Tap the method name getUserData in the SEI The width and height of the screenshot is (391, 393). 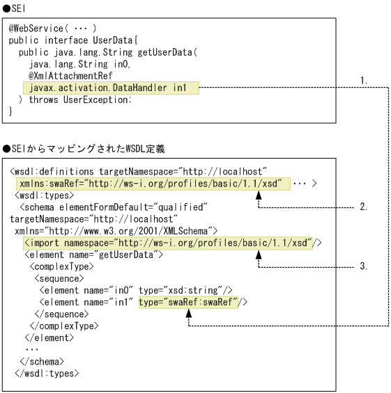tap(168, 52)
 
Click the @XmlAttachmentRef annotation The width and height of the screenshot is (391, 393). tap(70, 76)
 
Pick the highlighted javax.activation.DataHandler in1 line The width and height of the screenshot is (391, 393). tap(110, 88)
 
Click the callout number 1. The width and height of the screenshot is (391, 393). tap(364, 80)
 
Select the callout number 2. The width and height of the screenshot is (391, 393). tap(364, 207)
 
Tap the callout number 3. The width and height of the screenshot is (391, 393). tap(364, 266)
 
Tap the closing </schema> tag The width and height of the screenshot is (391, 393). tap(42, 360)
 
